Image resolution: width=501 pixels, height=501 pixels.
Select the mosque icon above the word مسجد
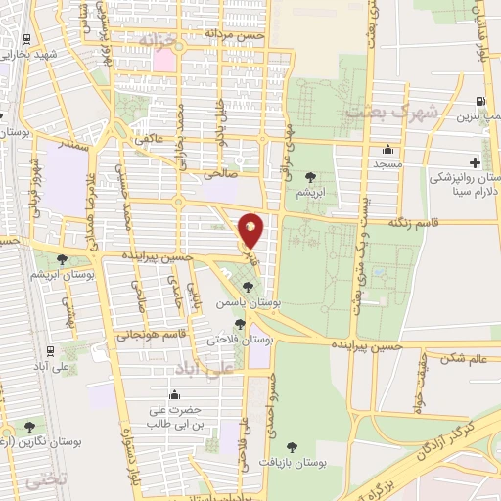point(389,151)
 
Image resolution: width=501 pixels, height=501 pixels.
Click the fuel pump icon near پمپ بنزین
point(479,101)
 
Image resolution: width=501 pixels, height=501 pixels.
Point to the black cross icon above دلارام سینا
point(475,161)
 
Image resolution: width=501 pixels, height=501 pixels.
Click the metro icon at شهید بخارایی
point(23,41)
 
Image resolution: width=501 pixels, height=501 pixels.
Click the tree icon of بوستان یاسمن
point(248,287)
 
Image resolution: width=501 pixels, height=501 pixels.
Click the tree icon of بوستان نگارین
point(30,426)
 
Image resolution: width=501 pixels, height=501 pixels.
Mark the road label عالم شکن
point(464,359)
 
